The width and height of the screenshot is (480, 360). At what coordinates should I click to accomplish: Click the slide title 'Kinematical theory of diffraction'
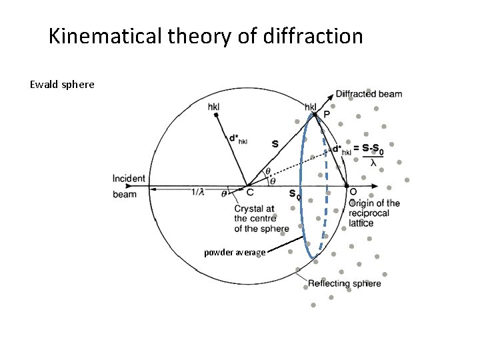[x=206, y=36]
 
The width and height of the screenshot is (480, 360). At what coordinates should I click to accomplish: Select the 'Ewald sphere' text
[x=62, y=85]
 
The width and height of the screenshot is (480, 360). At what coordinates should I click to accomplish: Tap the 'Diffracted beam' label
[x=369, y=94]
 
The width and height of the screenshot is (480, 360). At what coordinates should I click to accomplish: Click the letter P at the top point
[x=326, y=115]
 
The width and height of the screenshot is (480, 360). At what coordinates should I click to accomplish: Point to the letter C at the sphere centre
[x=249, y=193]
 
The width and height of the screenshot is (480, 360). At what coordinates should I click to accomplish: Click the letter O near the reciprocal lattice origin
[x=353, y=193]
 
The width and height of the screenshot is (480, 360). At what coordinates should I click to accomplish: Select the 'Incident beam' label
[x=128, y=186]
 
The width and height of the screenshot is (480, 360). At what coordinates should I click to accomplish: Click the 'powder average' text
[x=235, y=253]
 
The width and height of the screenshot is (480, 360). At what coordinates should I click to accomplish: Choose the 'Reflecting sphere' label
[x=344, y=283]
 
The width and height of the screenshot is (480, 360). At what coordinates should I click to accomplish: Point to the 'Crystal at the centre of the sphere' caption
[x=261, y=219]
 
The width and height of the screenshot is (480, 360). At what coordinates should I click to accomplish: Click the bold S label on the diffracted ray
[x=275, y=143]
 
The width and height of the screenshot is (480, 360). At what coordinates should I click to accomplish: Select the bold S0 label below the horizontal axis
[x=294, y=195]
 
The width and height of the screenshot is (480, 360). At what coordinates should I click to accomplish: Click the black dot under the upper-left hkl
[x=216, y=115]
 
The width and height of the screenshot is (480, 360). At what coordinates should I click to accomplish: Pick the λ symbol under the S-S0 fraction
[x=373, y=162]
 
